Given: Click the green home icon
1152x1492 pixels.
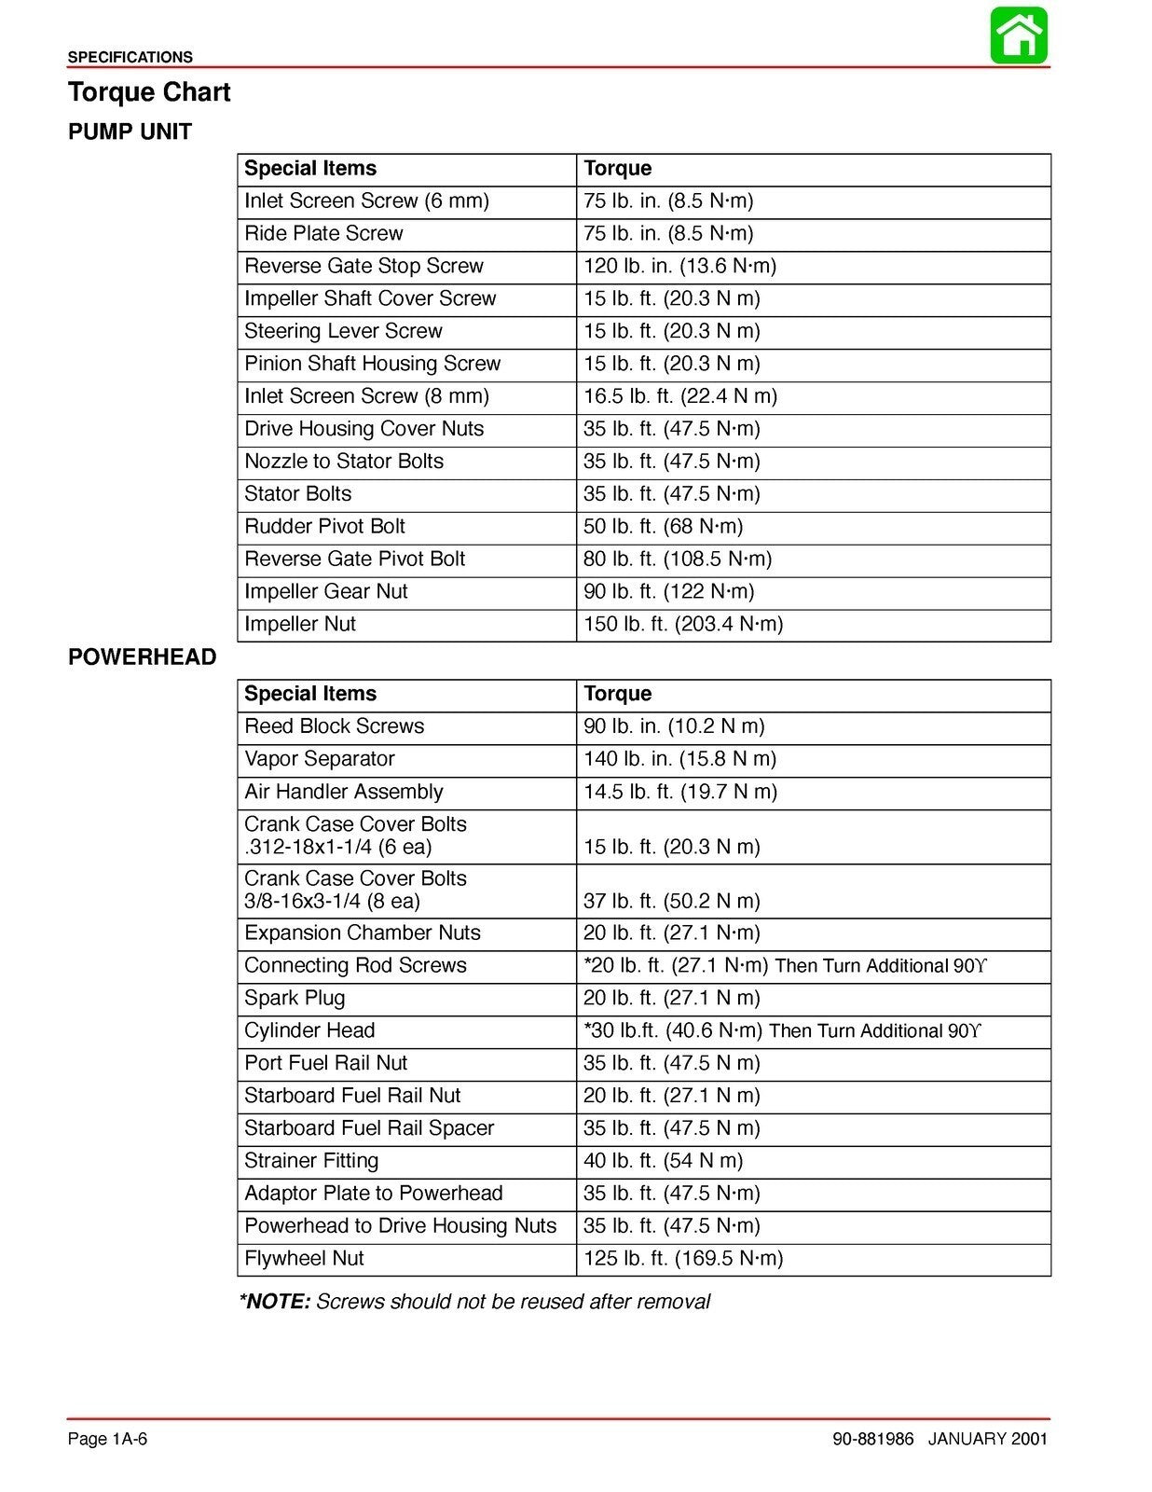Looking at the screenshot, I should point(1019,35).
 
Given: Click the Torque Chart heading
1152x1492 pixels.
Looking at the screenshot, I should point(149,92).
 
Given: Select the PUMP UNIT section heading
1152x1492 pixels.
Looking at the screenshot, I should point(130,132).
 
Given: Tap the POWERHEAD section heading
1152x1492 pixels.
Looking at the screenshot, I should point(142,657).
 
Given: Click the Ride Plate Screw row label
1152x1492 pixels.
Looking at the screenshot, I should point(323,234).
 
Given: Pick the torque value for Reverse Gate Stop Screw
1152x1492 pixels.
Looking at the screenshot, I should point(679,267).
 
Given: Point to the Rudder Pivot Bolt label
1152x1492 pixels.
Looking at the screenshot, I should point(324,527).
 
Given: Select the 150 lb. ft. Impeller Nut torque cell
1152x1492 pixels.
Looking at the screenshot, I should point(683,625).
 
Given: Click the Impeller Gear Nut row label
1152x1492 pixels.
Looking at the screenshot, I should point(326,592).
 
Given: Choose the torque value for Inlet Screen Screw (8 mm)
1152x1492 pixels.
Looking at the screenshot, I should point(680,396).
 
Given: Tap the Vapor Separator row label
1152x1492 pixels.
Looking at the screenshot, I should point(320,759).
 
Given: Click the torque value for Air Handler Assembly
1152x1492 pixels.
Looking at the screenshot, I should point(680,792).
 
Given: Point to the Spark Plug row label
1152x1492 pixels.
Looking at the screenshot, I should point(295,998).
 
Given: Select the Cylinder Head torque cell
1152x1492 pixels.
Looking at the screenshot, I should point(783,1030).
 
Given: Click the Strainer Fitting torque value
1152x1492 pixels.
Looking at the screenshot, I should point(663,1161).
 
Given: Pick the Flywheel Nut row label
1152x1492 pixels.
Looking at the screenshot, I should point(304,1259).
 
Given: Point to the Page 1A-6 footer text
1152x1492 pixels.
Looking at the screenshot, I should point(107,1439).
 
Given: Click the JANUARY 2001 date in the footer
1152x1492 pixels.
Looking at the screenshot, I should point(987,1439).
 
